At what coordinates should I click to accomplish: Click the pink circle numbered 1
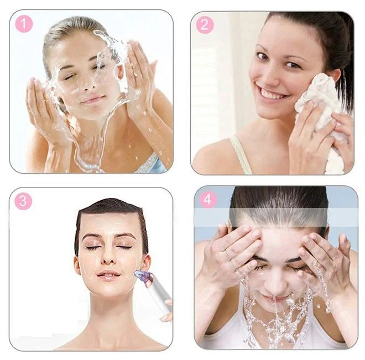24,24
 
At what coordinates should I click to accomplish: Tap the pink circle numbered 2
205,25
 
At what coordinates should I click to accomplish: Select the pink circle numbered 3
23,201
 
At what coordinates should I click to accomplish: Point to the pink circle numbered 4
208,200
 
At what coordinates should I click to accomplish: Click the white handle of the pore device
160,294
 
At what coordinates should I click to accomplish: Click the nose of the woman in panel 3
108,258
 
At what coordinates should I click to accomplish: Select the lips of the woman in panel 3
109,275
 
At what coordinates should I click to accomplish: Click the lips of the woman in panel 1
93,100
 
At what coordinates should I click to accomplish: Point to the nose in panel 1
89,83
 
